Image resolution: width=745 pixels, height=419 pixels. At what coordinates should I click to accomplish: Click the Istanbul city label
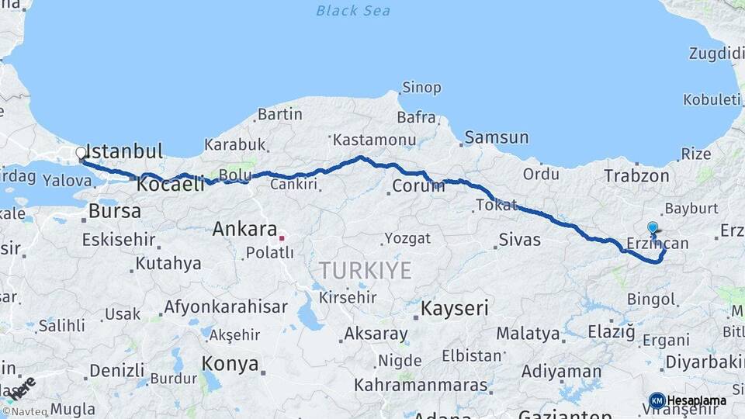point(124,151)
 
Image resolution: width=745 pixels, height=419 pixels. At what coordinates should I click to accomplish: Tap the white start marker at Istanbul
point(81,154)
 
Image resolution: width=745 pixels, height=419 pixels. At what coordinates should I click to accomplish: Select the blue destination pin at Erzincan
point(653,229)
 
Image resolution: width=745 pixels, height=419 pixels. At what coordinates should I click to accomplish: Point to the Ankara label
point(244,229)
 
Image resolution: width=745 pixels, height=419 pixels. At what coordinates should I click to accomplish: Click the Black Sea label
point(353,11)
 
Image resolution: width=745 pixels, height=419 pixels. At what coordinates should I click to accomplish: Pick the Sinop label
point(422,88)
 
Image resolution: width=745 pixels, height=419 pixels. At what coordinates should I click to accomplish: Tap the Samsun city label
point(497,138)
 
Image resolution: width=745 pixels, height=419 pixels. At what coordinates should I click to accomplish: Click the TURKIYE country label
point(365,270)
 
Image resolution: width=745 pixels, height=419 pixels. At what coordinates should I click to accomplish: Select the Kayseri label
point(455,309)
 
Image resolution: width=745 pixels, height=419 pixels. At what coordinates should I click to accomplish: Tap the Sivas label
point(519,238)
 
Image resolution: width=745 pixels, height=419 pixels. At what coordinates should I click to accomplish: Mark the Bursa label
point(115,211)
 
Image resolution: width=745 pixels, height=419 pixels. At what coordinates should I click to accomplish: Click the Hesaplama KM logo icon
point(657,400)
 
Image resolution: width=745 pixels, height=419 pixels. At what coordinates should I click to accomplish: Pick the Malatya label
point(528,334)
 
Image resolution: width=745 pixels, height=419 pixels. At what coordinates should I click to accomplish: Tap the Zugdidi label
point(716,54)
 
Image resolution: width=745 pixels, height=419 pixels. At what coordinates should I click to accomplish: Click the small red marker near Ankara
point(282,238)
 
